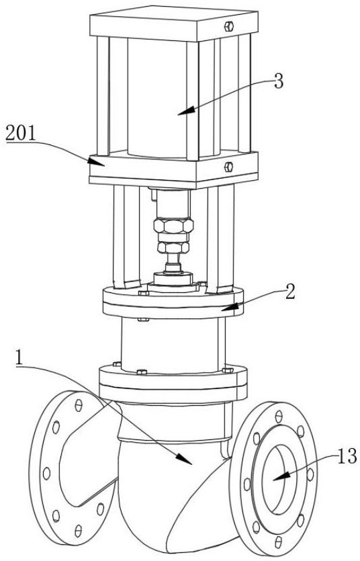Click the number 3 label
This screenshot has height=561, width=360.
point(279,82)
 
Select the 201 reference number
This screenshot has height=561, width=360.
point(21,134)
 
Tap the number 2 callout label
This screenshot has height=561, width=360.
point(290,292)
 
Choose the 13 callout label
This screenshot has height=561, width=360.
point(347,457)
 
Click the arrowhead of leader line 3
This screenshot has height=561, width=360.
point(186,111)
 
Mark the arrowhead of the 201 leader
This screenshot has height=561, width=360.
point(97,161)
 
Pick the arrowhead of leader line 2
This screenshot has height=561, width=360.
point(230,307)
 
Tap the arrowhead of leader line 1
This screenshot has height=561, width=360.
point(185,459)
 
